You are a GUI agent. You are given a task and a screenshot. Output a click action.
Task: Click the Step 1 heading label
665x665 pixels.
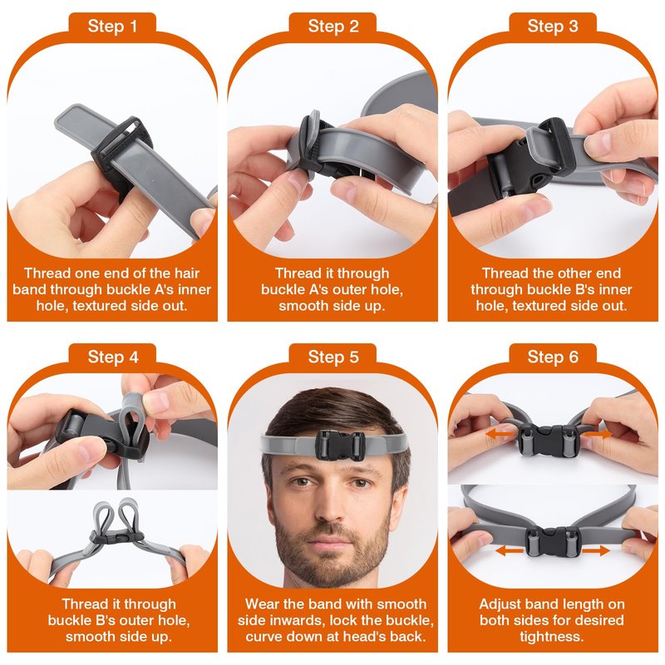[x=112, y=27]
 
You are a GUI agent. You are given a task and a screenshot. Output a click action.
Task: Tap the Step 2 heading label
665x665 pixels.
[x=333, y=27]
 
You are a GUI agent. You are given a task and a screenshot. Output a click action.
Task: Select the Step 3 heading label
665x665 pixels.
[x=553, y=27]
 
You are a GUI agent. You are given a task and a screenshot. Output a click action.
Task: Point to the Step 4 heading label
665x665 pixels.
[x=113, y=357]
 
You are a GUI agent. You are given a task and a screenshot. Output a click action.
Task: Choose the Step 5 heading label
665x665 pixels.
[x=333, y=357]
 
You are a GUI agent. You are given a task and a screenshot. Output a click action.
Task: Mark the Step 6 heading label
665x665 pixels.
[x=553, y=357]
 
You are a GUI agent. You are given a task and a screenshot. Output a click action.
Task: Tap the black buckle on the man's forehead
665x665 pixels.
[x=340, y=446]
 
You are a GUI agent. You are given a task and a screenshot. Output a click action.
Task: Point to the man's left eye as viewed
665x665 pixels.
[x=300, y=482]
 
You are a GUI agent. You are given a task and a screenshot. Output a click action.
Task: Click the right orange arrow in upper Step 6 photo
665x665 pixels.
[x=597, y=434]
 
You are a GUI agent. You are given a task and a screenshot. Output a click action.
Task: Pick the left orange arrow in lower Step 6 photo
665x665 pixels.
[x=510, y=551]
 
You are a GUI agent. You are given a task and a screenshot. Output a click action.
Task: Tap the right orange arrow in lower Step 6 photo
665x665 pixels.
[x=595, y=551]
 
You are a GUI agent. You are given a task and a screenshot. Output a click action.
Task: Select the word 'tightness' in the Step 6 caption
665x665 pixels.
[x=550, y=637]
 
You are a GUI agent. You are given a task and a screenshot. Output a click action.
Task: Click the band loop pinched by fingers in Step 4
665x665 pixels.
[x=131, y=420]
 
